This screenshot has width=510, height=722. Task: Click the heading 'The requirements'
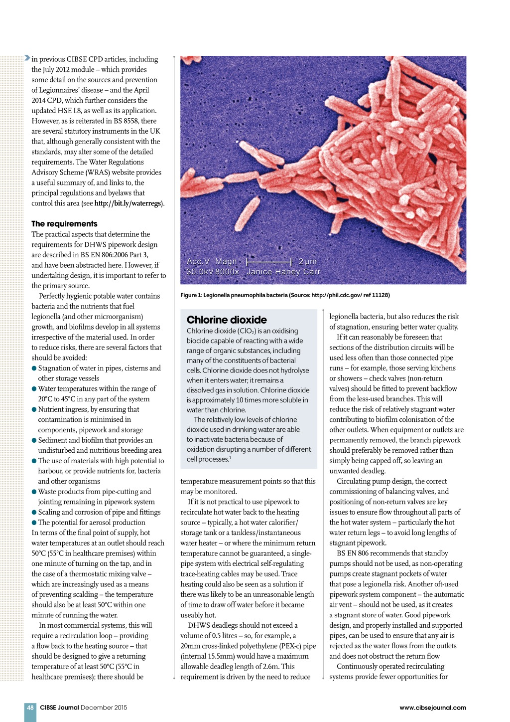(x=64, y=224)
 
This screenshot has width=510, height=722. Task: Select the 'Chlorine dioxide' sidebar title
(x=227, y=320)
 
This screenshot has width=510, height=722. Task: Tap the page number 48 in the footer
(x=30, y=708)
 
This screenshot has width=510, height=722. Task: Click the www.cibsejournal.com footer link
(x=432, y=708)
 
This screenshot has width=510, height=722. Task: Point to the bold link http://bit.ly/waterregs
(x=128, y=203)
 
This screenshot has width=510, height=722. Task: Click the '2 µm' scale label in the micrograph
(x=307, y=261)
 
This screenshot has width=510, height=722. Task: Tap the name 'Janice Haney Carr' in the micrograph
(x=283, y=272)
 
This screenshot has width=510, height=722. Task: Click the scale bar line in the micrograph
(x=269, y=261)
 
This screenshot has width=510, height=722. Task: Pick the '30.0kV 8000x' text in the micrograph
(x=213, y=272)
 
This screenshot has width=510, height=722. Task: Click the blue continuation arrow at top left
(x=27, y=58)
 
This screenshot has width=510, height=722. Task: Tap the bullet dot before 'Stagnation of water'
(x=34, y=368)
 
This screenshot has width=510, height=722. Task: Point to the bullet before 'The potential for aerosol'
(x=34, y=523)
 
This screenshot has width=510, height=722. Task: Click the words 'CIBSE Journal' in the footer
(x=59, y=708)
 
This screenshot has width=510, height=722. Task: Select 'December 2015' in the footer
(x=104, y=708)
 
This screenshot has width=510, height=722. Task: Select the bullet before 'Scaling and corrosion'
(x=34, y=512)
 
